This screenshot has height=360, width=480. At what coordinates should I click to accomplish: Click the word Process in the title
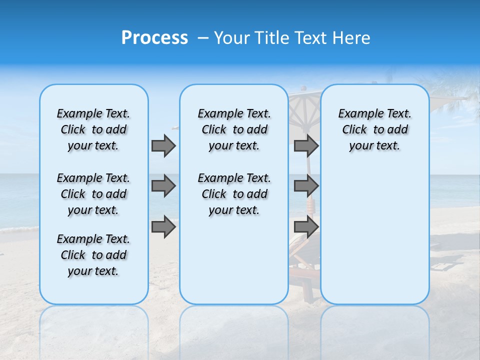coord(154,38)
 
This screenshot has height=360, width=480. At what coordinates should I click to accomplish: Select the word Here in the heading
coord(351,38)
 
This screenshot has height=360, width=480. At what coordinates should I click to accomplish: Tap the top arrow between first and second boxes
coord(163,145)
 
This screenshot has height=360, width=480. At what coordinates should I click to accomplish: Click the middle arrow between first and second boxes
coord(163,186)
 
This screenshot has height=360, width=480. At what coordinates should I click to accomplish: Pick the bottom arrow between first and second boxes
coord(163,227)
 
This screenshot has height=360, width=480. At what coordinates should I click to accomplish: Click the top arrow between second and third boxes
coord(306,145)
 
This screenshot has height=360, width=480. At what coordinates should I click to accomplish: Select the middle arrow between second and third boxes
coord(306,186)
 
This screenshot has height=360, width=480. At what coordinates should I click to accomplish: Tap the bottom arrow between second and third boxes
coord(306,227)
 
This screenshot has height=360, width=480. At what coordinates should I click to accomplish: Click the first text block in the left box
coord(93,129)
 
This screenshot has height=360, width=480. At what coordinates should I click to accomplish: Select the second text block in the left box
coord(93,194)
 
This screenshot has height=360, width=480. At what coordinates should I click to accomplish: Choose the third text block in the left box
coord(93,255)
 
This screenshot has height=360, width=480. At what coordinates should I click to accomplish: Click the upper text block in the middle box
coord(234,129)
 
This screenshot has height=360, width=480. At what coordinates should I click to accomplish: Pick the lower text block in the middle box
coord(234,194)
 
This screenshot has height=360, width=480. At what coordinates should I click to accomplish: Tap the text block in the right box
coord(374,129)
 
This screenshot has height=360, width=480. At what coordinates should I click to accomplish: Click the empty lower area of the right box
coord(374,235)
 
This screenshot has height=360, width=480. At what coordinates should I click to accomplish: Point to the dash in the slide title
coord(202,38)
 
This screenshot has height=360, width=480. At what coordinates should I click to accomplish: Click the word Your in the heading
coord(233,38)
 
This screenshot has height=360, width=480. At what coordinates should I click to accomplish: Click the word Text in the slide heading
coord(311,38)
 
